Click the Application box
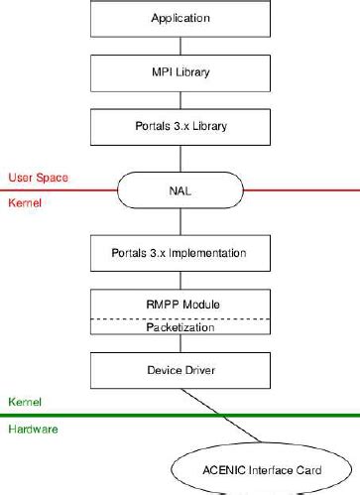point(180,18)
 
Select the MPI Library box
point(180,72)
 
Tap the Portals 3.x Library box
point(180,126)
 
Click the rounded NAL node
point(180,189)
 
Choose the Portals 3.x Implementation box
point(180,253)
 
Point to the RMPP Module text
point(180,305)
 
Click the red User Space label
point(37,178)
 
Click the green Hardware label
point(32,429)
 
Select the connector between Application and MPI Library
point(180,45)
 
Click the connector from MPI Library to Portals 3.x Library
point(180,99)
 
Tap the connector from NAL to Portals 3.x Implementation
point(180,220)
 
